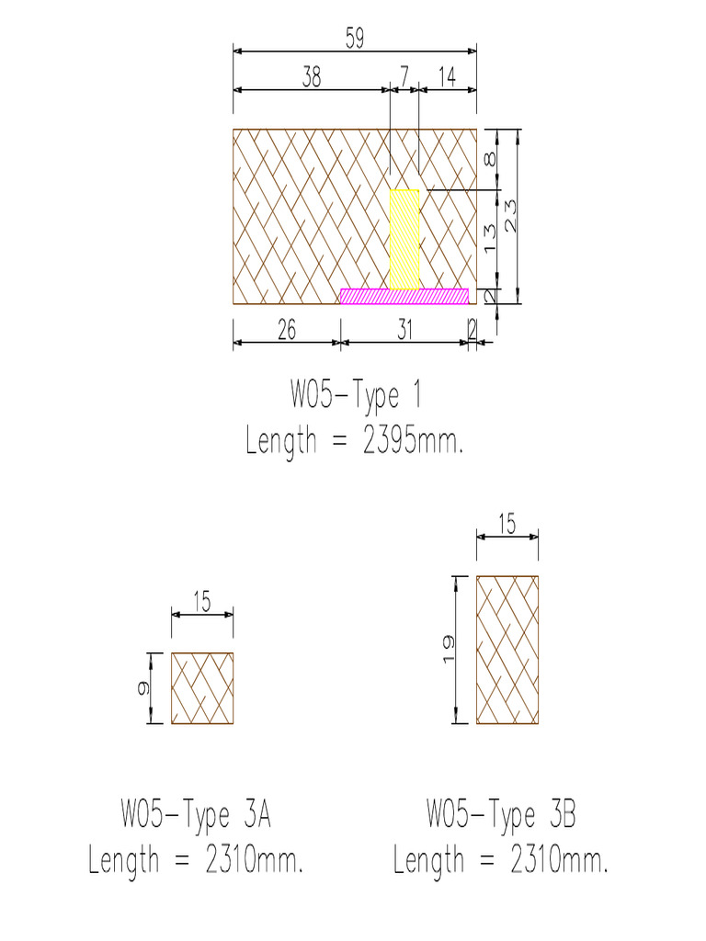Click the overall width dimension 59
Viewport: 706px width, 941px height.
(355, 38)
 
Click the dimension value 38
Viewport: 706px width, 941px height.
(312, 78)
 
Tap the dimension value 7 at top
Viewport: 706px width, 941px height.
(404, 78)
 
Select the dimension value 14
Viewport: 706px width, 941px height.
(447, 78)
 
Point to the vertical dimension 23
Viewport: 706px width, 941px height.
(508, 216)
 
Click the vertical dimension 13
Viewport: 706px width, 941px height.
(489, 238)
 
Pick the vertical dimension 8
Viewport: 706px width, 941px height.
(491, 158)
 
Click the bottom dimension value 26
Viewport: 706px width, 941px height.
(286, 331)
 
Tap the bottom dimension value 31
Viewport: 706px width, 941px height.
(404, 331)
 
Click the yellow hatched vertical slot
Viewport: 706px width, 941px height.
(404, 239)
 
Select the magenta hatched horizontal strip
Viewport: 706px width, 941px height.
(404, 296)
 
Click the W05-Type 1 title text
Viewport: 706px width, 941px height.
(356, 396)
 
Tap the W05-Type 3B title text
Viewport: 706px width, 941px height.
(501, 814)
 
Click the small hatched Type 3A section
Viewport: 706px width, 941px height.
(202, 688)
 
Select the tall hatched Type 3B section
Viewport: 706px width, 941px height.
(507, 650)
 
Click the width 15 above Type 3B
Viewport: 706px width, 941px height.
(507, 525)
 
